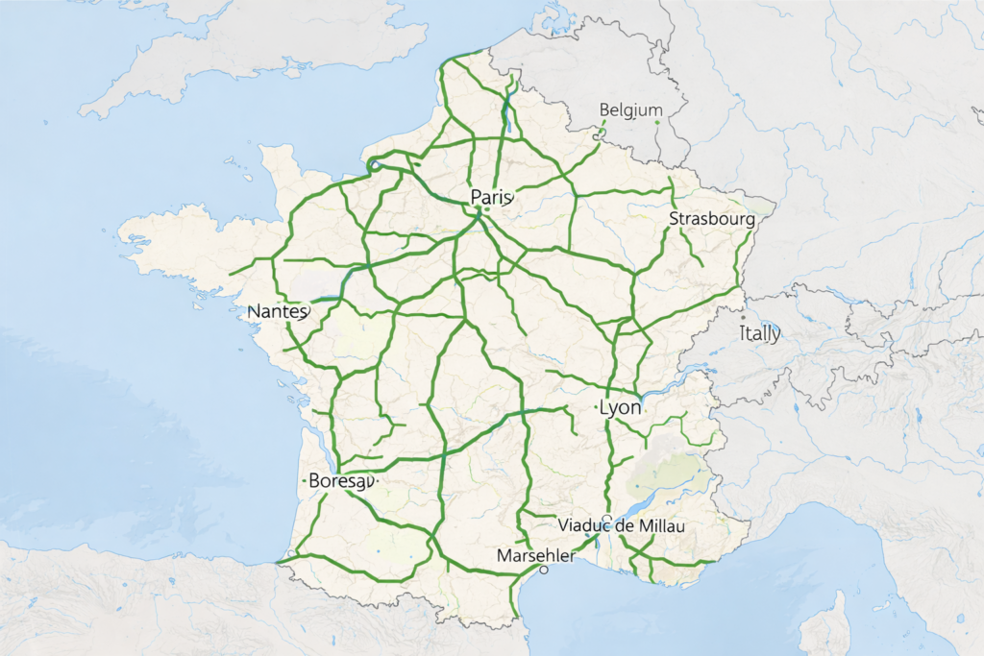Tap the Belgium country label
click(630, 110)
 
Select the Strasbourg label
click(711, 219)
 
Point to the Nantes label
click(277, 312)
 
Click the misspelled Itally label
click(760, 334)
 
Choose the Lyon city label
click(620, 407)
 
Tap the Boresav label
click(339, 480)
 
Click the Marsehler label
click(535, 556)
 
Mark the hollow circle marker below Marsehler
click(544, 570)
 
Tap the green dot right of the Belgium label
click(657, 122)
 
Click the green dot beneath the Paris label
click(487, 208)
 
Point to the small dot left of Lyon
click(596, 407)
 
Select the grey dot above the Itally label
click(743, 317)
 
